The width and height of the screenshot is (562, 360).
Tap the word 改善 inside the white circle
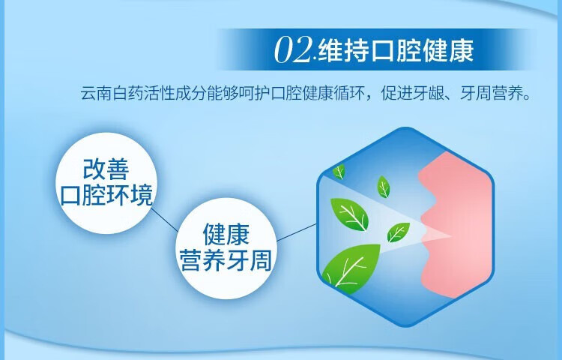(x=106, y=169)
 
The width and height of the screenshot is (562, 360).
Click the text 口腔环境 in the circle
(x=106, y=196)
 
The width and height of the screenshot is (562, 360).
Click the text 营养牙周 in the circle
(x=225, y=260)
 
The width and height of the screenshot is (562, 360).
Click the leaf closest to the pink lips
(x=397, y=232)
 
